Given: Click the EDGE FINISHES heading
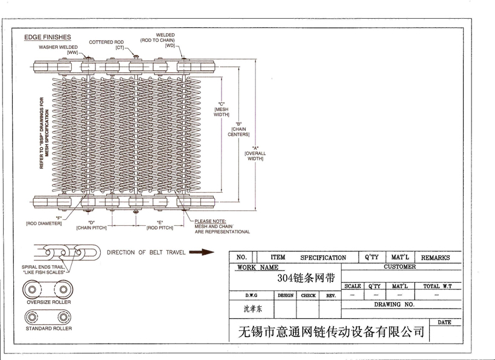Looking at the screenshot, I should pos(47,37).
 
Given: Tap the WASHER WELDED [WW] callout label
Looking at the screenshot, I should pos(59,50).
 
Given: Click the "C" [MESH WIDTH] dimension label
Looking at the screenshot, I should pos(222,109).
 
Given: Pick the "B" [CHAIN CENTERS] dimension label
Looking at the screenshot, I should pos(238,129).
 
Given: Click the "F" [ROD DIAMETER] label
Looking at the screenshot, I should pos(44,220).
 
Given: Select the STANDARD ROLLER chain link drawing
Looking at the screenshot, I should pos(48,316).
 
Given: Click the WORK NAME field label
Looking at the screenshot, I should pos(258,267).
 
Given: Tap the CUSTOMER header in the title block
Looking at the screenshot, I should pos(400,267).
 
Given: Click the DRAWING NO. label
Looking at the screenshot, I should pos(394,304).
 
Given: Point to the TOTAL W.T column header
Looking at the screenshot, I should pos(439,286).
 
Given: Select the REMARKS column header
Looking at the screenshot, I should pos(435,257).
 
